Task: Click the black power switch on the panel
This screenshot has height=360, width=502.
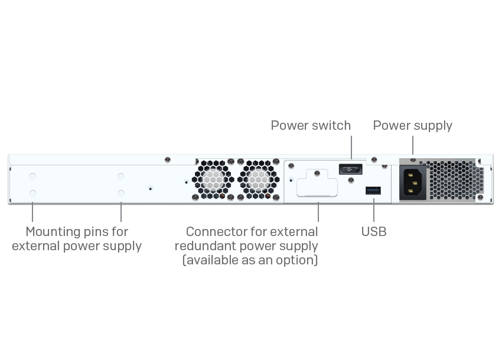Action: (350, 169)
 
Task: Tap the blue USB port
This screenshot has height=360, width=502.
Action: (373, 190)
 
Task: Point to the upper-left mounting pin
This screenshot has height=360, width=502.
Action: (32, 176)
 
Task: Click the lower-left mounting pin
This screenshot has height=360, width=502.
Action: (32, 193)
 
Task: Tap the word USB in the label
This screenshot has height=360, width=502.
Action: (374, 232)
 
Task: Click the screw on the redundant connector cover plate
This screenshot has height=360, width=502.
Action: (317, 174)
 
